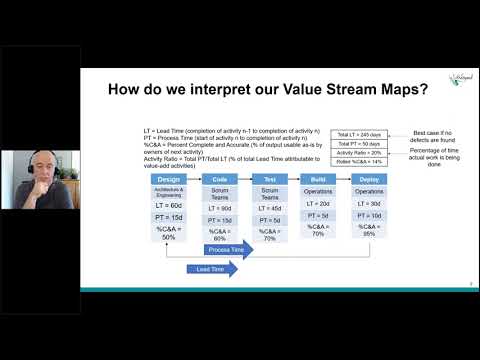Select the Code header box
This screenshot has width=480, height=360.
[x=220, y=179]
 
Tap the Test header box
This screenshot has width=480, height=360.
[x=270, y=179]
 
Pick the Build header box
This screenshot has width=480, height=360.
[x=319, y=179]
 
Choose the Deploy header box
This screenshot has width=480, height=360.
[x=369, y=179]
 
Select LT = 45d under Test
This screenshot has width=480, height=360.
[x=270, y=207]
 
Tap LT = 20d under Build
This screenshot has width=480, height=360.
[x=319, y=204]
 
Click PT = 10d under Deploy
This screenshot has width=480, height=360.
[x=369, y=215]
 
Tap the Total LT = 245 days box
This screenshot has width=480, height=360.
[x=358, y=133]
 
